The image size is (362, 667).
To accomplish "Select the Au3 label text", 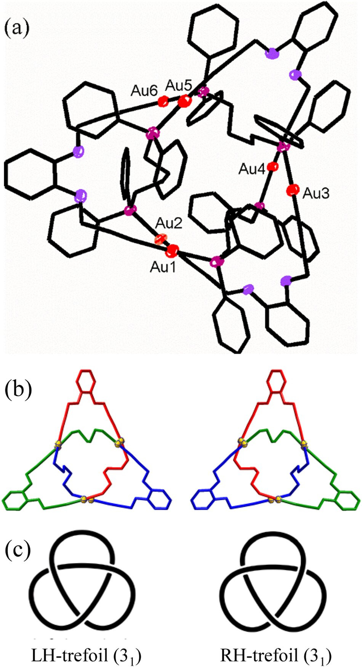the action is (316, 194).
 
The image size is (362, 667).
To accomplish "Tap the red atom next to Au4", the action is (272, 167).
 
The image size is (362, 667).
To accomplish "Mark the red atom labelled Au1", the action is (173, 250).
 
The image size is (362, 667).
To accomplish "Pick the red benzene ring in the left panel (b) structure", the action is (87, 380).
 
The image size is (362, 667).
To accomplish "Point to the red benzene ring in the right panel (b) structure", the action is (276, 380).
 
